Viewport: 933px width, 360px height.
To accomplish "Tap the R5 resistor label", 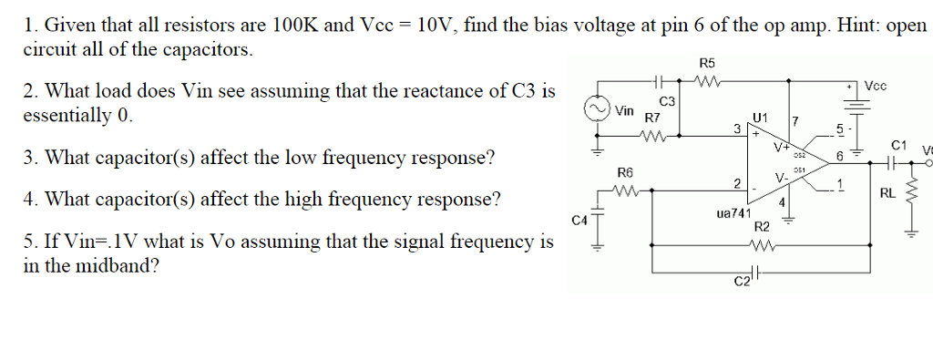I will (x=707, y=63).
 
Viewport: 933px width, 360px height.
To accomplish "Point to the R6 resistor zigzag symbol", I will (x=625, y=190).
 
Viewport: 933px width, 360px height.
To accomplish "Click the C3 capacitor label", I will (x=667, y=99).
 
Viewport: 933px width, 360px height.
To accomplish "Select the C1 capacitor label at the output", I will (x=899, y=145).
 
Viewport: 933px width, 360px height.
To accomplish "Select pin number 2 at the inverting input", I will (x=735, y=183).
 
